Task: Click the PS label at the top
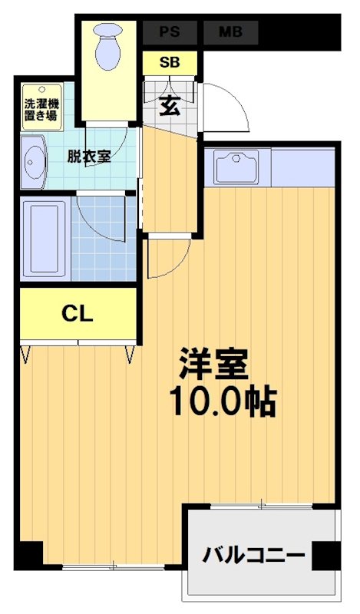pyautogui.click(x=170, y=32)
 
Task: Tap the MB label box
pyautogui.click(x=229, y=32)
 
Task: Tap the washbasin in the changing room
pyautogui.click(x=34, y=163)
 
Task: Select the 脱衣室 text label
pyautogui.click(x=88, y=157)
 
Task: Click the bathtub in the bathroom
pyautogui.click(x=44, y=240)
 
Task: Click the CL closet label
pyautogui.click(x=78, y=313)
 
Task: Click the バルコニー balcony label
pyautogui.click(x=254, y=554)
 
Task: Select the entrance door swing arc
pyautogui.click(x=229, y=107)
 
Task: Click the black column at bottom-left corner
pyautogui.click(x=30, y=554)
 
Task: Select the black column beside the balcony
pyautogui.click(x=325, y=555)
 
